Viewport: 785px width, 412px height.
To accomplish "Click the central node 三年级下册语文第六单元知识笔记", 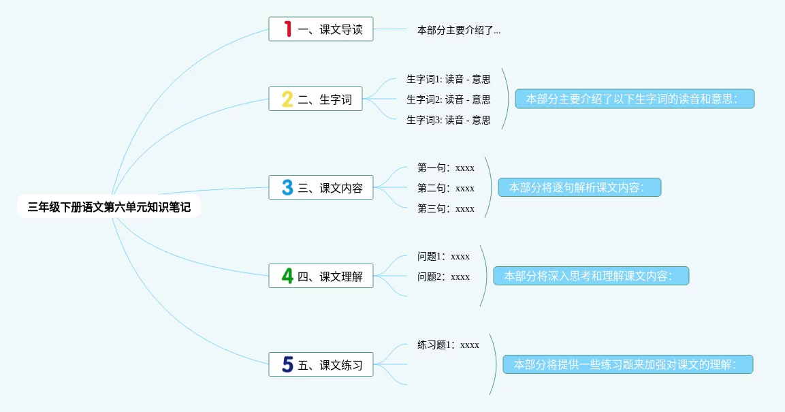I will (x=109, y=207).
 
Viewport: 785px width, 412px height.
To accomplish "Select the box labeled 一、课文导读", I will (x=321, y=29).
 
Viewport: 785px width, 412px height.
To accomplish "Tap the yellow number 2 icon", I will (x=287, y=99).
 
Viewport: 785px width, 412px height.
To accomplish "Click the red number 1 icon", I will (x=287, y=29).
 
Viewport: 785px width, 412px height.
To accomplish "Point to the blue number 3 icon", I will (x=287, y=188).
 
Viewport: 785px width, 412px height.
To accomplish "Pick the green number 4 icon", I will (x=287, y=276).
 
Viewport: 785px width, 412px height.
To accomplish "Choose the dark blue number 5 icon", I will (x=287, y=364).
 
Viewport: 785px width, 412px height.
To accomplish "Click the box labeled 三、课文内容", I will (x=321, y=188).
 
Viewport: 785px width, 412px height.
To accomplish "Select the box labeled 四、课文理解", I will (x=321, y=276).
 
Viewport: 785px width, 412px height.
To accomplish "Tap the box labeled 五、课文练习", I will (x=321, y=364).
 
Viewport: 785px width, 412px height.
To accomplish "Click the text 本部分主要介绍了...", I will (x=458, y=30).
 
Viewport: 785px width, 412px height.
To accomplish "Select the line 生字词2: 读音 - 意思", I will (x=448, y=99).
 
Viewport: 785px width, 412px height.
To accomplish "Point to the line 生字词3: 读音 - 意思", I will (x=448, y=120).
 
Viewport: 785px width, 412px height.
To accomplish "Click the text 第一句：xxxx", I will (x=446, y=168).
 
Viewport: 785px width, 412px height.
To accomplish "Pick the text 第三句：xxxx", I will (x=446, y=208).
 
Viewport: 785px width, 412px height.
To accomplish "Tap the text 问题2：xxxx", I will (x=443, y=276).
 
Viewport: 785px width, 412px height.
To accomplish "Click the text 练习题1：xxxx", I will (x=448, y=345).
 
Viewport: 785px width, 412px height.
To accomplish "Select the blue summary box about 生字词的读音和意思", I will (x=635, y=99).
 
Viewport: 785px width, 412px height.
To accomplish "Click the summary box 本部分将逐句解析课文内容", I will (x=579, y=187).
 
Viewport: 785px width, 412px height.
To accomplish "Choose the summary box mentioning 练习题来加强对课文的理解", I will (x=628, y=364).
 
